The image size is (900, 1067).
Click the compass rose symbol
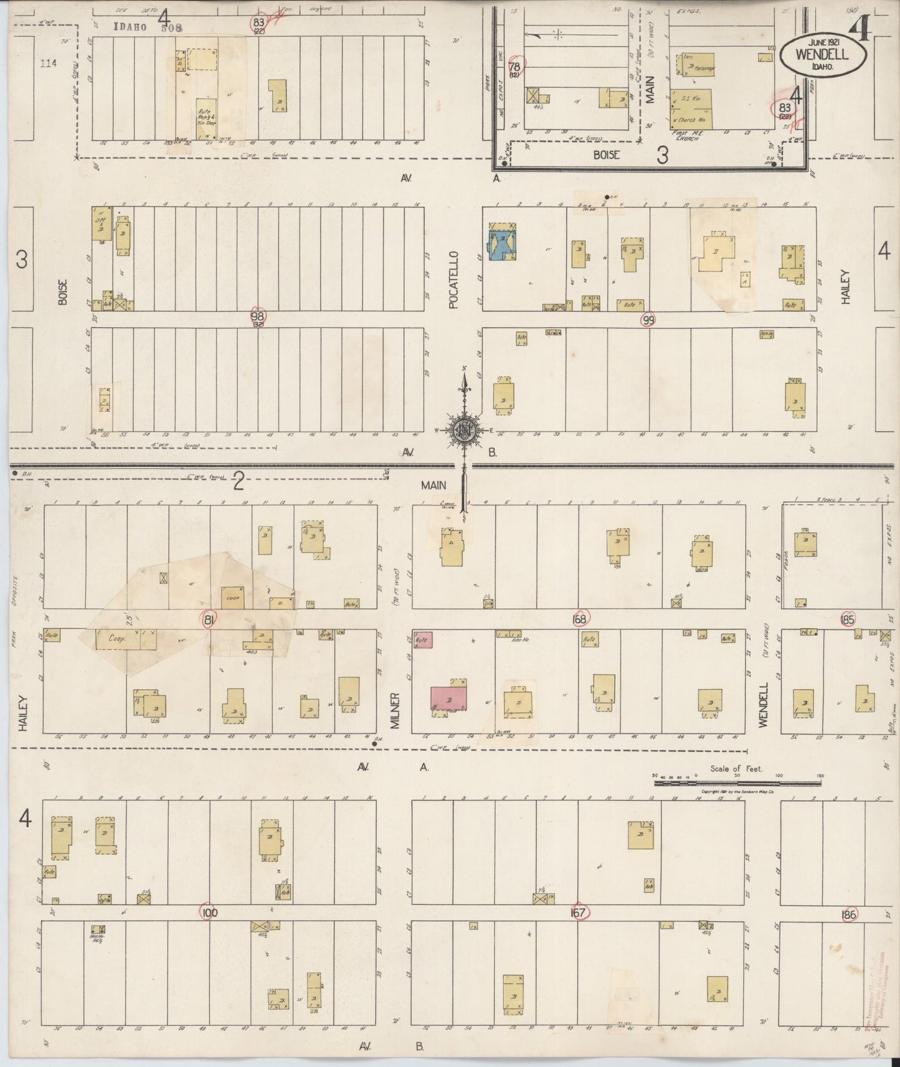pos(463,429)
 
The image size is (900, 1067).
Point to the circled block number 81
pos(210,619)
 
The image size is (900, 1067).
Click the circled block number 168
pos(580,618)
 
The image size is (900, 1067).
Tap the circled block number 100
pos(209,913)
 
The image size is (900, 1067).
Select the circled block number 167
pos(579,913)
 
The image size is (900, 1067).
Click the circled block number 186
pos(848,914)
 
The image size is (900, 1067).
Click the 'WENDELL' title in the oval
pos(822,55)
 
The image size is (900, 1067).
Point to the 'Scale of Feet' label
pos(736,769)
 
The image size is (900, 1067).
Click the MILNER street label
pos(395,710)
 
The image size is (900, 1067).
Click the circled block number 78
pos(514,67)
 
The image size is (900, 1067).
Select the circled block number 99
pos(649,320)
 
